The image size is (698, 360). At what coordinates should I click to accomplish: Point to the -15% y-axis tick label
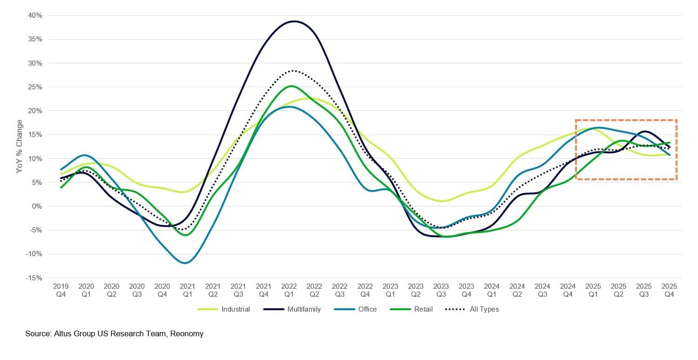coord(34,278)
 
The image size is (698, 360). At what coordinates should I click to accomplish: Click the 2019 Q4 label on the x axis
coord(61,290)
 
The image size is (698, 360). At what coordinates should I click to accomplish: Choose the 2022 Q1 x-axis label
coord(289,290)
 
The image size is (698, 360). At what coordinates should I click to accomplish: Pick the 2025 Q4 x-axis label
coord(669,290)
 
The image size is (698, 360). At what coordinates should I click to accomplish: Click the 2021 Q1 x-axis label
coord(188,290)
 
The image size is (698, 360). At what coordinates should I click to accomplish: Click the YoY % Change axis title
coord(20,147)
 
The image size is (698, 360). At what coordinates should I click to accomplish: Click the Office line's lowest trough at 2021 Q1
coord(186,263)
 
